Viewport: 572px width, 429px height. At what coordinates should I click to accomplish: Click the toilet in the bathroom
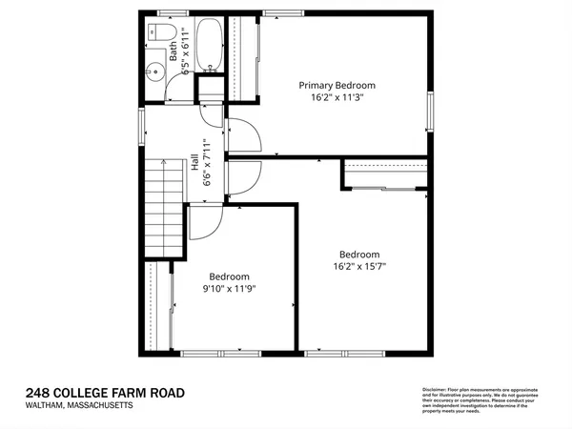click(154, 34)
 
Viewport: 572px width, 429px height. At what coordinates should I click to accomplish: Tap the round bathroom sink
click(153, 71)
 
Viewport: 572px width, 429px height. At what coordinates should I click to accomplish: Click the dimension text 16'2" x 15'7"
click(359, 267)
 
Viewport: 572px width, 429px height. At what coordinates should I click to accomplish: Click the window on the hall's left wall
click(142, 124)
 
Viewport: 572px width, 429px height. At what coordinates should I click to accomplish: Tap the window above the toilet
click(172, 11)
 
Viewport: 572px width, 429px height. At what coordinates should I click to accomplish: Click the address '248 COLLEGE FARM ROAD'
click(104, 393)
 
